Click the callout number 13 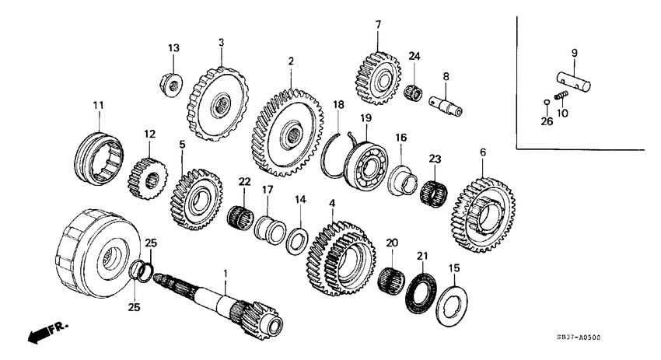click(173, 48)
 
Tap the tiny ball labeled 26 click(547, 101)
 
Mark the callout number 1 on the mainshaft click(226, 273)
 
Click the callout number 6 click(482, 153)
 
